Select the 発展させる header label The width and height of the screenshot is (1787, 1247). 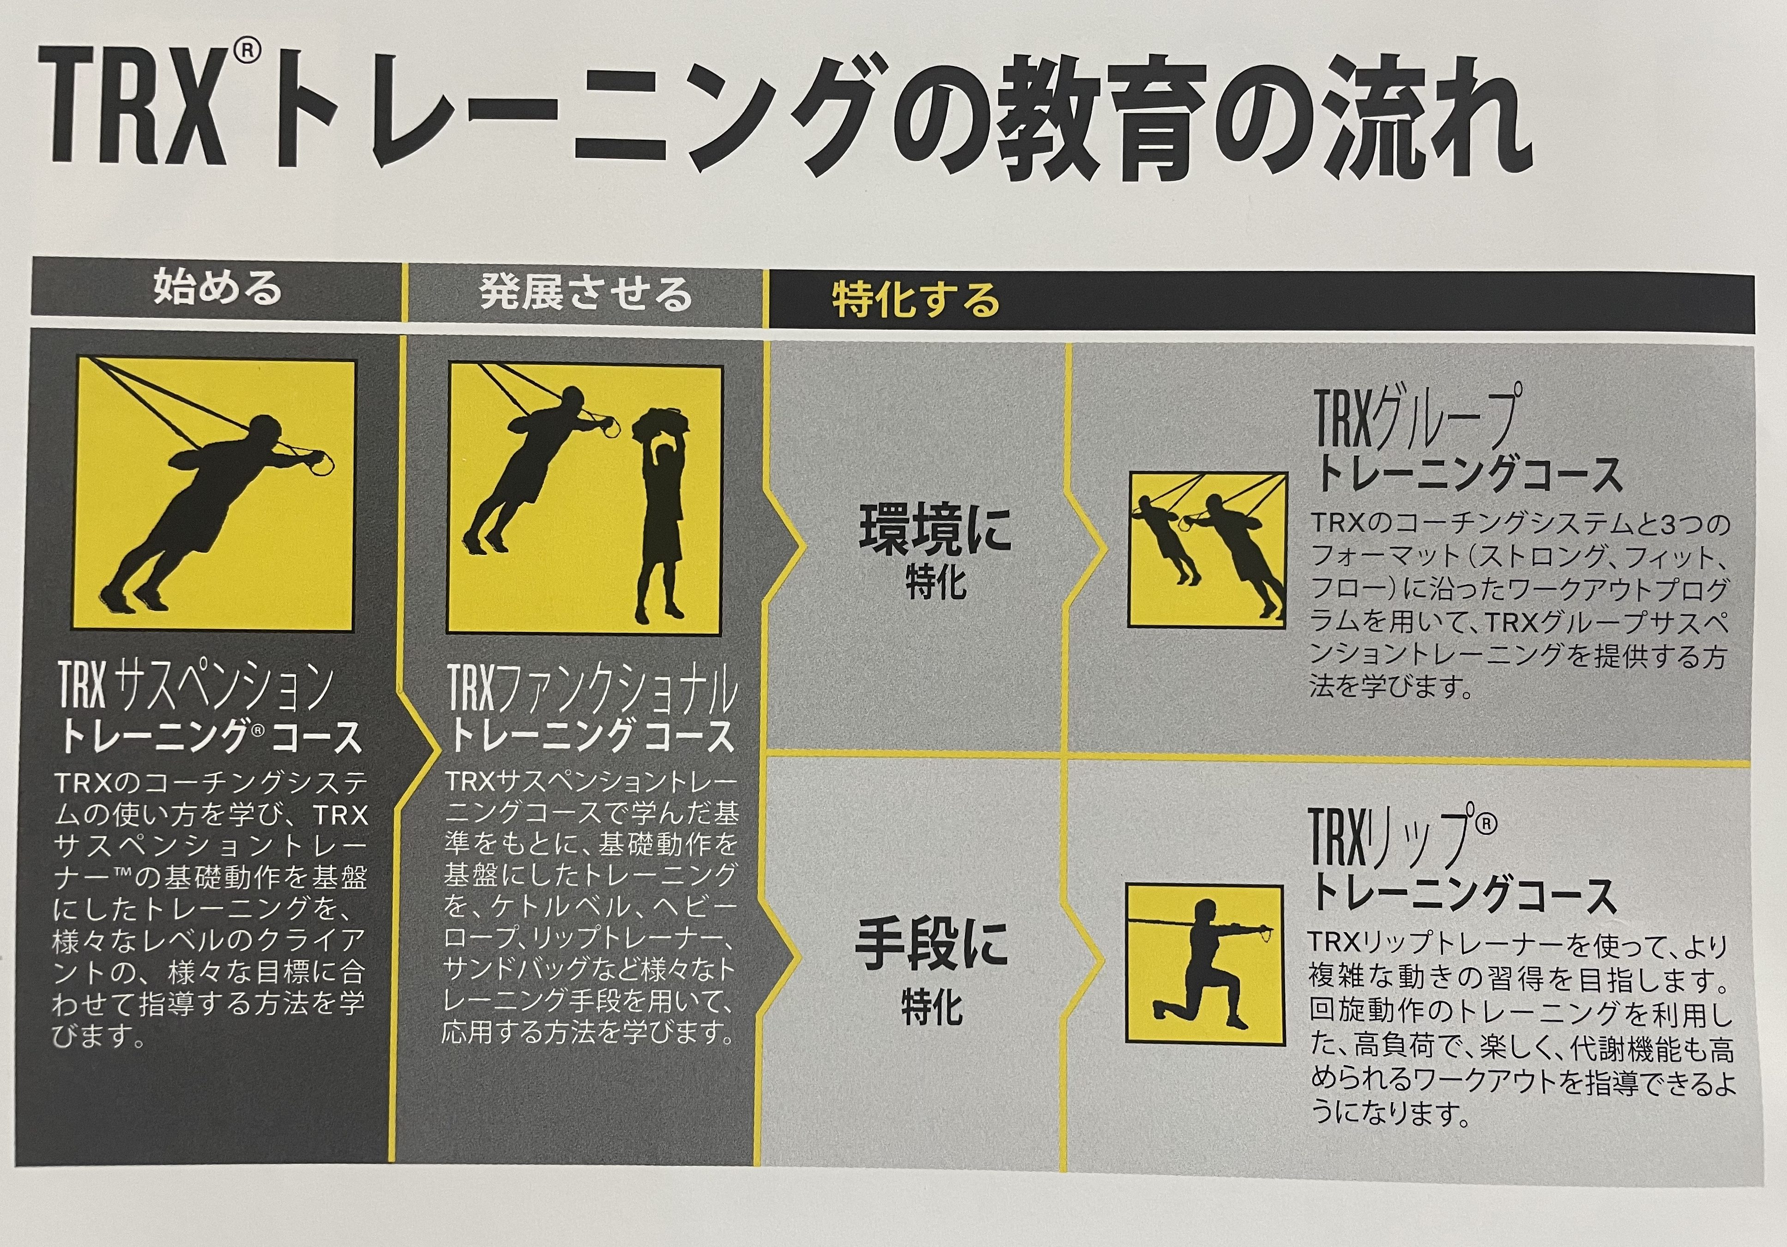(x=586, y=294)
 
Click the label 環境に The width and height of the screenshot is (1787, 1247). (x=935, y=529)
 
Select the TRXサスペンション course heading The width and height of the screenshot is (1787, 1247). (x=210, y=708)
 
